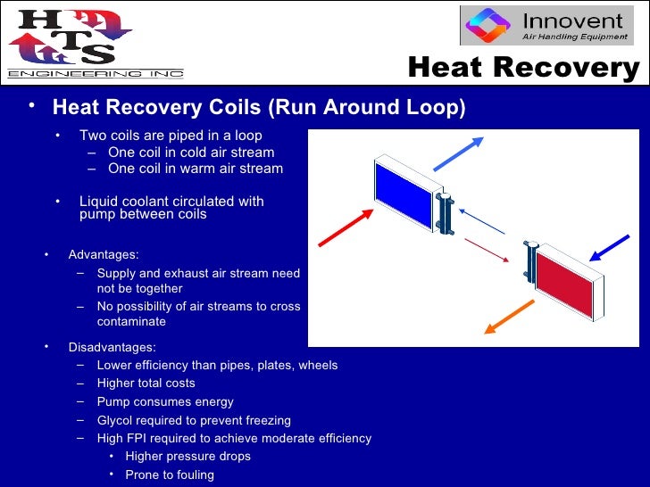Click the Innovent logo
(549, 26)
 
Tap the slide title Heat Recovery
(523, 68)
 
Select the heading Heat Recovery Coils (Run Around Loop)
(259, 108)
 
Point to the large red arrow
(344, 224)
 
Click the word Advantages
(104, 255)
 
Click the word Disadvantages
(112, 348)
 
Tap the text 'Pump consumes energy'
(165, 402)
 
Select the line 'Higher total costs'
(146, 384)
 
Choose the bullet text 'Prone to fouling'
(170, 475)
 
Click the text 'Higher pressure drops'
(187, 457)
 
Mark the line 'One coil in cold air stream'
(191, 153)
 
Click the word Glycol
(116, 420)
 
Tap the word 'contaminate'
(131, 321)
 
